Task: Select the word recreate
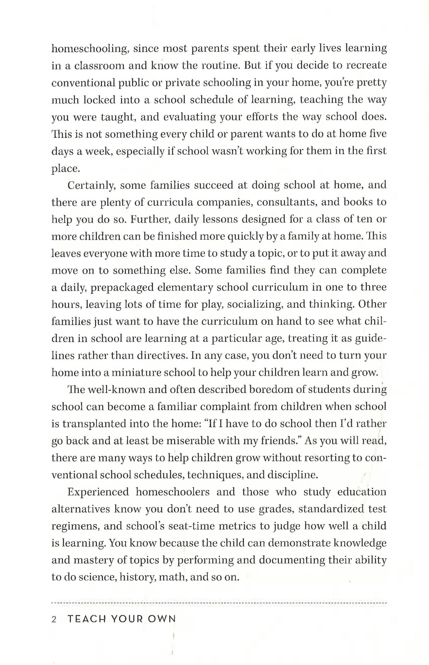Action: (366, 66)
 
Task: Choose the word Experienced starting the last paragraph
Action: (98, 492)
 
